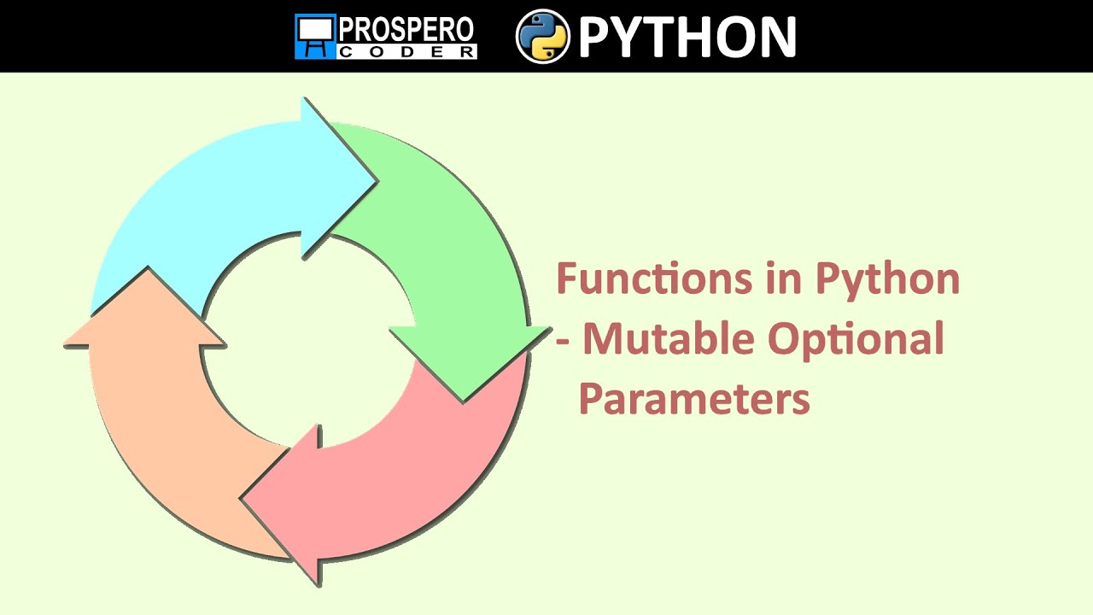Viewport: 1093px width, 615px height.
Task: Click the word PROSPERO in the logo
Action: (406, 29)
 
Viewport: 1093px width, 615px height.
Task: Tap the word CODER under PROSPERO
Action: (406, 51)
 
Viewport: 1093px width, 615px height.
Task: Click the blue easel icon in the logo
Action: (314, 37)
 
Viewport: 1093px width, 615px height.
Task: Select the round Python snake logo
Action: (543, 36)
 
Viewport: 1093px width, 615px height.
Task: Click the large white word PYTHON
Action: (687, 37)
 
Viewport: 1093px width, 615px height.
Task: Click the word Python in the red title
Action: (887, 279)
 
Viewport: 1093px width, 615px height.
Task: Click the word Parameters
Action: (694, 399)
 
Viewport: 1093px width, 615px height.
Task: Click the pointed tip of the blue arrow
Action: (376, 180)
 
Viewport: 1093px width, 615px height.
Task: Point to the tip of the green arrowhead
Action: (464, 401)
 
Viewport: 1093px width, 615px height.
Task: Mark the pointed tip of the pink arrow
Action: (243, 497)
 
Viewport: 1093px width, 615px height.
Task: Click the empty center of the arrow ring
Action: (307, 342)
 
